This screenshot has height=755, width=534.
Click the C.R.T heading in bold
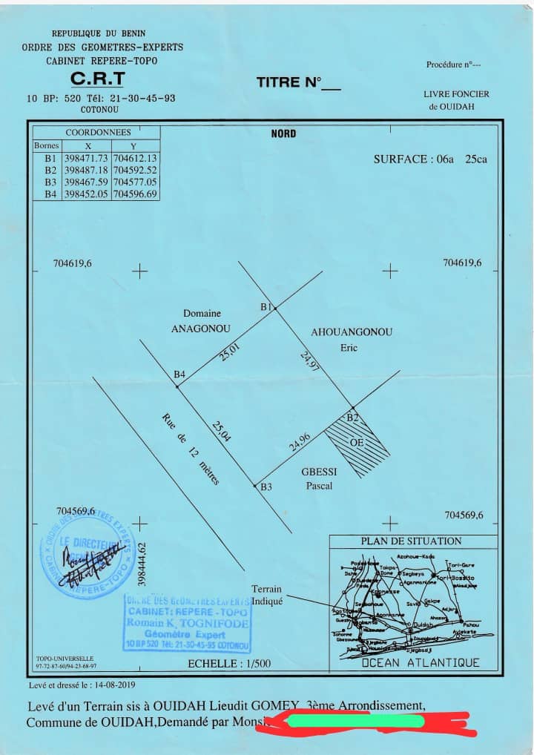coord(97,79)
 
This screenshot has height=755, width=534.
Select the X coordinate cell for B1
coord(86,158)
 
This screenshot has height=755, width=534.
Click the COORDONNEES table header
coord(98,133)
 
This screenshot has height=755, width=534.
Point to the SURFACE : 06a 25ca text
coord(430,159)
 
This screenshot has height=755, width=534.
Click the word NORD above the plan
coord(283,133)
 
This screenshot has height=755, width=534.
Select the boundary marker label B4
coord(179,375)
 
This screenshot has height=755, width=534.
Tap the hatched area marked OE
coord(358,443)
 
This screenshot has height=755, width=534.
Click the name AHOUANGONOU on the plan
coord(351,332)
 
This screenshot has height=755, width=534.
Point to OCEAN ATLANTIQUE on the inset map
coord(421,662)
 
